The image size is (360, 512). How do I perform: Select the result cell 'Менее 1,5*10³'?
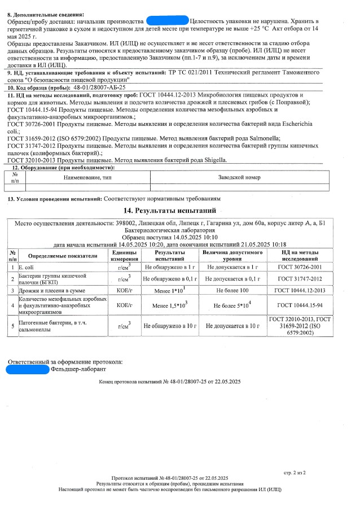tap(170, 305)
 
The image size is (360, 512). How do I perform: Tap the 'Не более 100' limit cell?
tap(232, 290)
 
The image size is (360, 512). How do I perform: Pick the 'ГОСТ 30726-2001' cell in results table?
tap(300, 266)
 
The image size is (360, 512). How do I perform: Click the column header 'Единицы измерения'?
tap(124, 255)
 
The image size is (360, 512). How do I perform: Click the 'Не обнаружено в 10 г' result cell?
tap(170, 326)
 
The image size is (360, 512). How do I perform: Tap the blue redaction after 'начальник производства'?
tap(167, 20)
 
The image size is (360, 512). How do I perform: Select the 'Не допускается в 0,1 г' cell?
tap(232, 278)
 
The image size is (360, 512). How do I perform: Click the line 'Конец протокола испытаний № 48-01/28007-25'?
tap(169, 382)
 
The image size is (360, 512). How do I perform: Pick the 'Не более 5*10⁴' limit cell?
tap(232, 305)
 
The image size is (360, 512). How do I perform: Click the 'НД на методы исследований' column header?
tap(300, 255)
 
